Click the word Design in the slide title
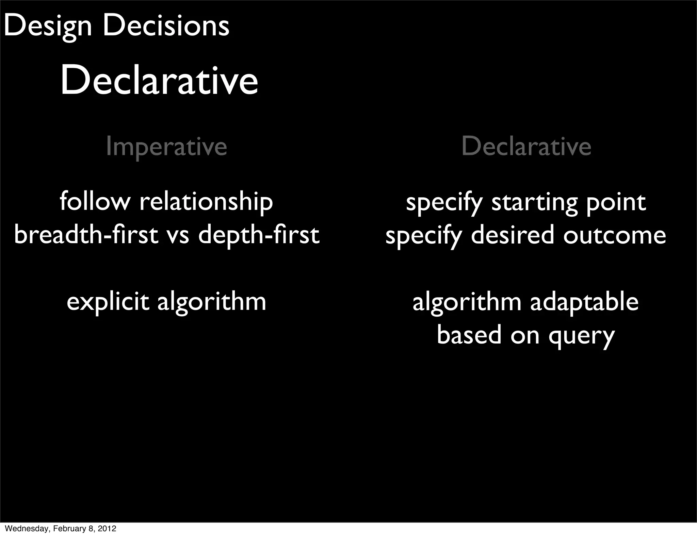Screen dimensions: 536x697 click(x=48, y=27)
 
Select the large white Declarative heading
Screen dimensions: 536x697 click(x=159, y=81)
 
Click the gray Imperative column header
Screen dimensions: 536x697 click(x=166, y=147)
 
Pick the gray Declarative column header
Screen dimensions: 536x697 click(x=526, y=146)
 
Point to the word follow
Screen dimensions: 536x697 click(x=95, y=201)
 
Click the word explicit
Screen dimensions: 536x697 click(x=108, y=302)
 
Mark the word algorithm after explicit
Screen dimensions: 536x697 click(x=212, y=302)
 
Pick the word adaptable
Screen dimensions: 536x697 click(x=584, y=302)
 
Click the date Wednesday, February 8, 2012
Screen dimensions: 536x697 click(x=61, y=529)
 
